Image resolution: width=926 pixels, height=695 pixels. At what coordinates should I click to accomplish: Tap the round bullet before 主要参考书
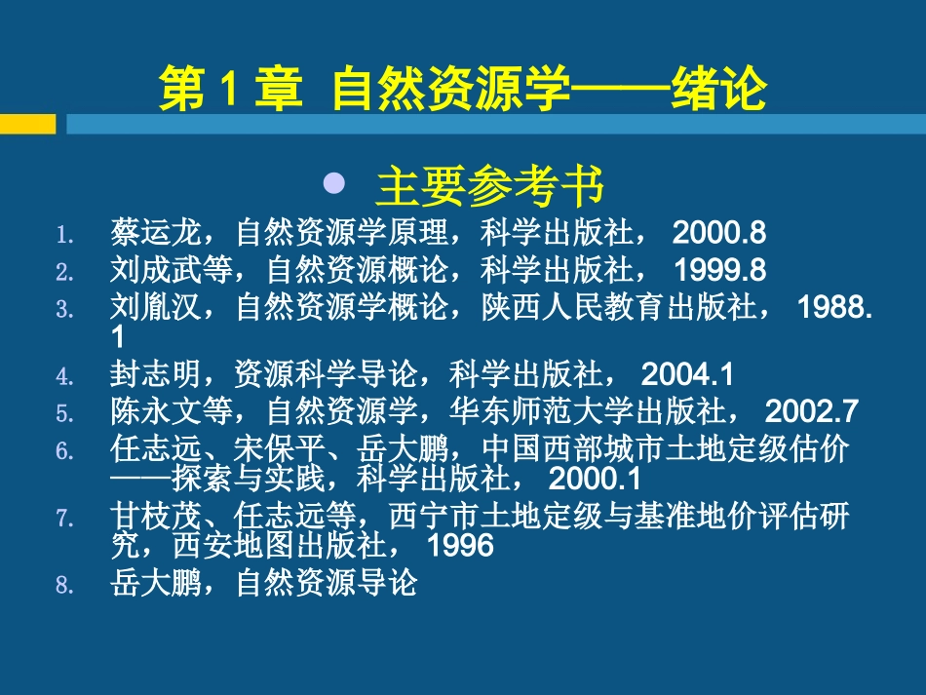pyautogui.click(x=335, y=182)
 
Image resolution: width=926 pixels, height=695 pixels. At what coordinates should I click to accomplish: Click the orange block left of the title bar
pyautogui.click(x=27, y=124)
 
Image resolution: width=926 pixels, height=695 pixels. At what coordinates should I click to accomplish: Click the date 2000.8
pyautogui.click(x=719, y=234)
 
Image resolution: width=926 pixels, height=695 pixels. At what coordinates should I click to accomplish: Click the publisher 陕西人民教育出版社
pyautogui.click(x=633, y=308)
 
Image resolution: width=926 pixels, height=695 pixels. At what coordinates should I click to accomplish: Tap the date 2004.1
pyautogui.click(x=688, y=374)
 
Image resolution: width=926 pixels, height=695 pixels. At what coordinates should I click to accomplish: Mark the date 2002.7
pyautogui.click(x=813, y=411)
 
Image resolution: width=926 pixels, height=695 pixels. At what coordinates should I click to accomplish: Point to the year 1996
pyautogui.click(x=461, y=544)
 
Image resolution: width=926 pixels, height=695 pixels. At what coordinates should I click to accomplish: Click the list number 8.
pyautogui.click(x=64, y=586)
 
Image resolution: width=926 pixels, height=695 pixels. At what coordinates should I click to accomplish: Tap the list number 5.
pyautogui.click(x=64, y=413)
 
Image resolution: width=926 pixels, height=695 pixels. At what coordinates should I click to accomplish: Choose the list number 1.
pyautogui.click(x=64, y=235)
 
